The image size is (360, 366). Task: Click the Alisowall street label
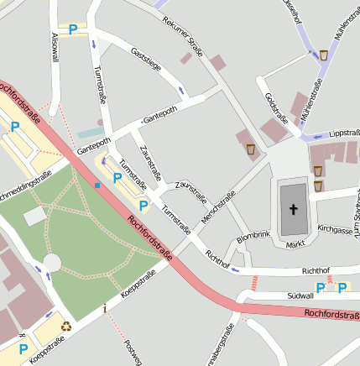pyautogui.click(x=55, y=46)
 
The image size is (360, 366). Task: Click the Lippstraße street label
pyautogui.click(x=344, y=133)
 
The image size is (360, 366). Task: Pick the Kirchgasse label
pyautogui.click(x=336, y=228)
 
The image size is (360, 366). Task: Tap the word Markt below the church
pyautogui.click(x=295, y=244)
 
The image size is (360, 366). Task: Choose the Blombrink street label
pyautogui.click(x=253, y=239)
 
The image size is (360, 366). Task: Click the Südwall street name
pyautogui.click(x=300, y=295)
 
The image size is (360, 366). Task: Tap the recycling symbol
pyautogui.click(x=65, y=327)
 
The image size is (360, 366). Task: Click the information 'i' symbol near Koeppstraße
pyautogui.click(x=104, y=308)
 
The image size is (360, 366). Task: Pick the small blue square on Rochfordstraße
pyautogui.click(x=98, y=185)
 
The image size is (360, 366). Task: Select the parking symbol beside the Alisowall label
pyautogui.click(x=73, y=29)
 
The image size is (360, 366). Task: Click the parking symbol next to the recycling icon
pyautogui.click(x=23, y=348)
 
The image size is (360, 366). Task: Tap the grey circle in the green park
pyautogui.click(x=52, y=263)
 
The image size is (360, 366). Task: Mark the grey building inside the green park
pyautogui.click(x=35, y=217)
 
